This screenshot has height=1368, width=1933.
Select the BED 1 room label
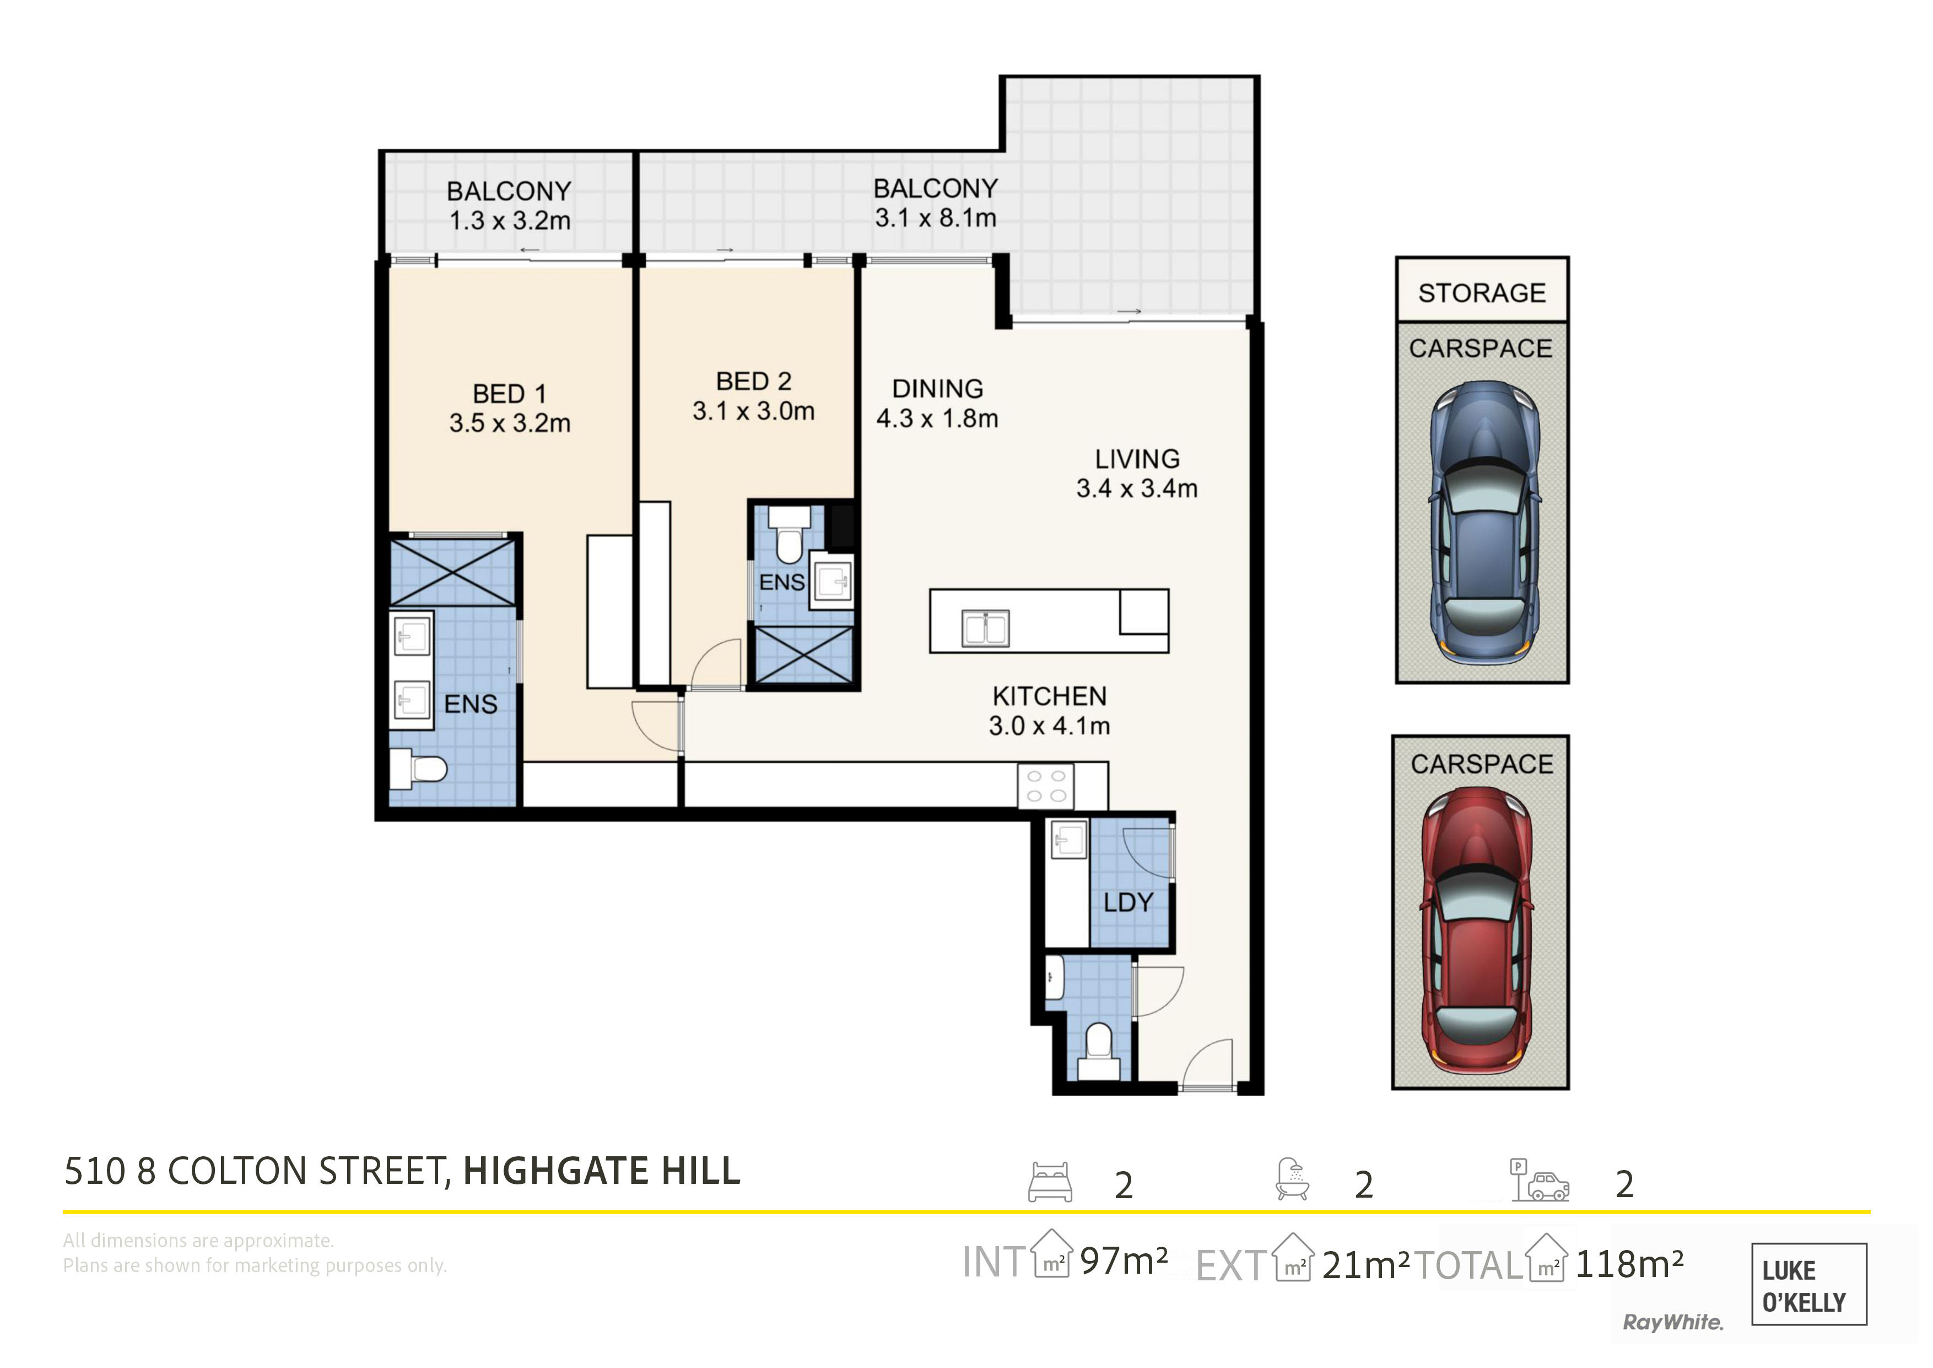pyautogui.click(x=509, y=393)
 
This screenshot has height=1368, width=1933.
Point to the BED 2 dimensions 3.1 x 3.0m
pyautogui.click(x=753, y=411)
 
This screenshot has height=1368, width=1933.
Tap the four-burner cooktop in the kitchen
pyautogui.click(x=1046, y=786)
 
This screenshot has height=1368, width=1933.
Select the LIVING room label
pyautogui.click(x=1137, y=459)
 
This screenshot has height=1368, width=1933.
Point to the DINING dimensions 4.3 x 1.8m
pyautogui.click(x=937, y=419)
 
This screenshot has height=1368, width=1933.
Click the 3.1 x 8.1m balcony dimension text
pyautogui.click(x=935, y=218)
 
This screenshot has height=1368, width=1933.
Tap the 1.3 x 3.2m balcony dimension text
pyautogui.click(x=509, y=221)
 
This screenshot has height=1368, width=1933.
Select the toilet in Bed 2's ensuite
pyautogui.click(x=790, y=534)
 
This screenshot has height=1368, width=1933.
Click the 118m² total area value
pyautogui.click(x=1629, y=1264)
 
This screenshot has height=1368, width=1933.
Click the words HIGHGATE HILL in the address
pyautogui.click(x=602, y=1171)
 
